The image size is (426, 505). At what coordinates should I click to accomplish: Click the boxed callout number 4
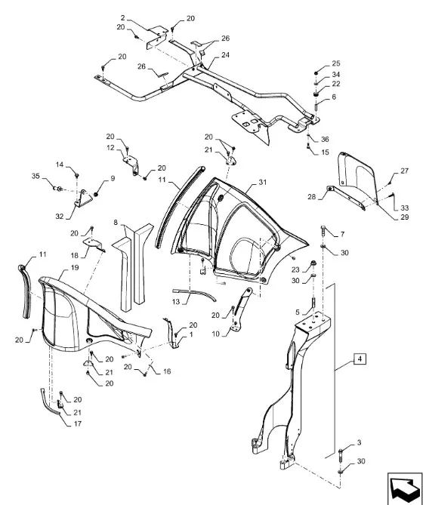coord(360,359)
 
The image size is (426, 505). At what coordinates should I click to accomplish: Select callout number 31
coord(263,182)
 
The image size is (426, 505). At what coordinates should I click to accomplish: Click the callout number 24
coord(225,55)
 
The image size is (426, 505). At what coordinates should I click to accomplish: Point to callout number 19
coord(75,268)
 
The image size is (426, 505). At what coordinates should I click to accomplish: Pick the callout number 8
coord(116,222)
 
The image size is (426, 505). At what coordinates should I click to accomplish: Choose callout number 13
coord(176,302)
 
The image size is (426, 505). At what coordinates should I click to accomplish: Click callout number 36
coord(325,139)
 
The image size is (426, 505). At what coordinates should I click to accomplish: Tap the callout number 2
coord(123,17)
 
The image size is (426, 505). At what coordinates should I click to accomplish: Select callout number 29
coord(404,217)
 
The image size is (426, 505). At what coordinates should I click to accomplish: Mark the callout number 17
coord(78,423)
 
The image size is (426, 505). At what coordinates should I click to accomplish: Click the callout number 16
coord(167,371)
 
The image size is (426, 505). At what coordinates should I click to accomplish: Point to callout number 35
coord(35,176)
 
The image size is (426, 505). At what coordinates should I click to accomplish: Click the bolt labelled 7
coord(323,232)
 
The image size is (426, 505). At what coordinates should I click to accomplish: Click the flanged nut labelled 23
coord(313,264)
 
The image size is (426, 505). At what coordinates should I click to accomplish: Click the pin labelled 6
coord(316,105)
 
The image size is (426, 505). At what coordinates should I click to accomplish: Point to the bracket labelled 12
coord(131,164)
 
